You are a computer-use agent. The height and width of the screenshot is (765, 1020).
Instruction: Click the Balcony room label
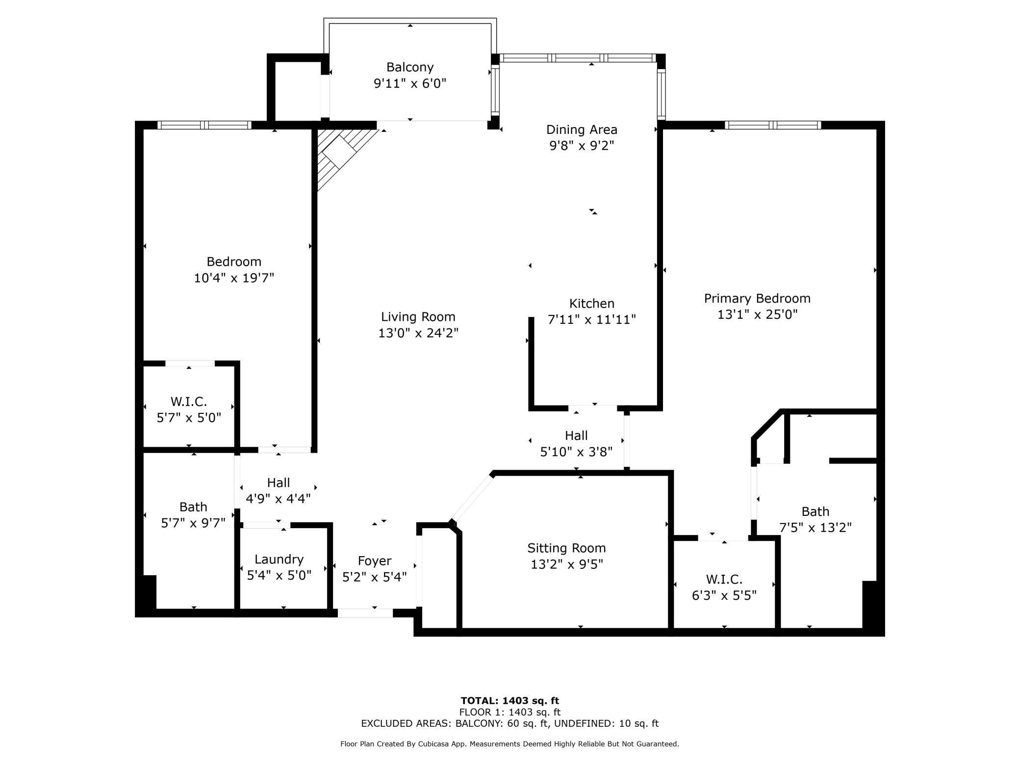410,67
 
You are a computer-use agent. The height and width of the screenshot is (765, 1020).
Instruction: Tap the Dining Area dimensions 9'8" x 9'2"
582,146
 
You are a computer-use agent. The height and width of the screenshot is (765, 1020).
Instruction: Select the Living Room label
418,317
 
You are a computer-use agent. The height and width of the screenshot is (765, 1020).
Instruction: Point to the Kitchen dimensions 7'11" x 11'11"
592,319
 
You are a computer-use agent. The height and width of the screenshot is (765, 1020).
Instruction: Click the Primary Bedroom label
757,298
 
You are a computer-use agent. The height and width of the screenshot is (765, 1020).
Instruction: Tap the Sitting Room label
566,548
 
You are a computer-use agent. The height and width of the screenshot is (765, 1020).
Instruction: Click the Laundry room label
279,559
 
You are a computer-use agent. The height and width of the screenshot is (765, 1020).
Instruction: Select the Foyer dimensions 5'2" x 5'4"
375,577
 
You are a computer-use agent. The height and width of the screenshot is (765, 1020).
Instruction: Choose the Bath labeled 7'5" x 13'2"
816,519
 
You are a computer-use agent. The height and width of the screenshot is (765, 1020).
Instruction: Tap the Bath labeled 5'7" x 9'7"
193,514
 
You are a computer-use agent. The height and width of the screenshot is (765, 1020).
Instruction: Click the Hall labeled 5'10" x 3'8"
576,443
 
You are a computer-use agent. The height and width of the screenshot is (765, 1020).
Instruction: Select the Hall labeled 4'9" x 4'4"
278,491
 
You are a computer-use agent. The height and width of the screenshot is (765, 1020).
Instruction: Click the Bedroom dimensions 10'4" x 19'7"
234,278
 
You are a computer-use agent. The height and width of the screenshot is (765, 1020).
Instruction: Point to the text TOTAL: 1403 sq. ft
510,701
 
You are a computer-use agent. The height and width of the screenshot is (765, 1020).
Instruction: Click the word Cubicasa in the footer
435,744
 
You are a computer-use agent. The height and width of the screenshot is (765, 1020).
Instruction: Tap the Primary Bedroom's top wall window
773,125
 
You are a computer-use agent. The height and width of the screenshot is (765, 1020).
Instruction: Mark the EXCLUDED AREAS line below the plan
510,723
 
